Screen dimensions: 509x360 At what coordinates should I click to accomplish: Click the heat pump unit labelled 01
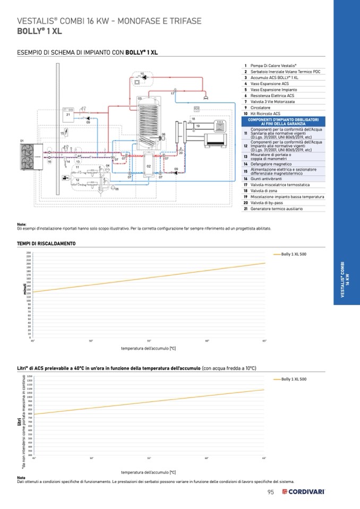click(x=28, y=154)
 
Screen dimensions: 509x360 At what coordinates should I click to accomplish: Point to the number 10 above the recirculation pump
click(x=142, y=73)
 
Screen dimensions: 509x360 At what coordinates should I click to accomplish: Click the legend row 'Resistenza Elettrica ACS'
click(x=272, y=96)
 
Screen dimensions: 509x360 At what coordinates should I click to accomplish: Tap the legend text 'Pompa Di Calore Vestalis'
click(x=273, y=65)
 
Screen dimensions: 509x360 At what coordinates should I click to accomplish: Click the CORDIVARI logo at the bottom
click(x=303, y=492)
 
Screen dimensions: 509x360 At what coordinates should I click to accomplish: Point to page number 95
click(x=271, y=492)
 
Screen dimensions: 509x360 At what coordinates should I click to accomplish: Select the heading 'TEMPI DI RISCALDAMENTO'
click(x=46, y=244)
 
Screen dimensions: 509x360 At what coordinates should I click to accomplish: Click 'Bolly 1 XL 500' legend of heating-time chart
click(x=293, y=254)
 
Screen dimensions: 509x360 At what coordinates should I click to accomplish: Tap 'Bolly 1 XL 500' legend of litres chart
click(x=293, y=379)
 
